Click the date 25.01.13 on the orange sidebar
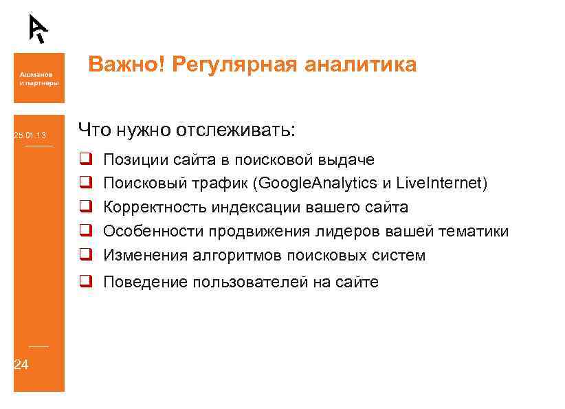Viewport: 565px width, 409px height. (30, 135)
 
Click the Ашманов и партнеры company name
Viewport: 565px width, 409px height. (38, 80)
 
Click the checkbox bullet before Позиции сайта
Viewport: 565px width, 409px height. (85, 159)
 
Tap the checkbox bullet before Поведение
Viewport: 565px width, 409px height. (85, 282)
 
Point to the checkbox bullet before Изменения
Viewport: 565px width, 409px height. (85, 255)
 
